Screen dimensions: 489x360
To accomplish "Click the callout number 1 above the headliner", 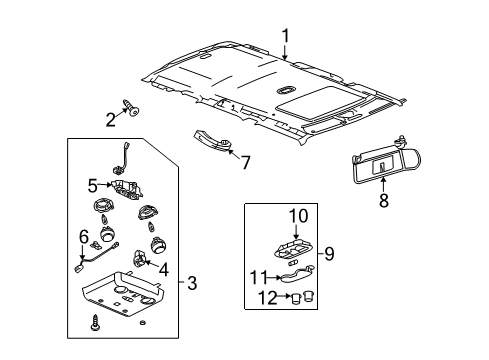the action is [x=285, y=36].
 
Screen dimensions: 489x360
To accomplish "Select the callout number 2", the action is [x=111, y=120].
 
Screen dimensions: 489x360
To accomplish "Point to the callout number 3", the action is [x=192, y=283].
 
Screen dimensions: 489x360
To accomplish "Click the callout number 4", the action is [x=164, y=269].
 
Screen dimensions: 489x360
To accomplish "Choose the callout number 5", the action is [x=93, y=186].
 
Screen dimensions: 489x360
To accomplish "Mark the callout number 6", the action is [x=84, y=237].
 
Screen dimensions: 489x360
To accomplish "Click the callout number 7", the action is [x=246, y=163].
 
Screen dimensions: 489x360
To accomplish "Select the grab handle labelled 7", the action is [x=214, y=141].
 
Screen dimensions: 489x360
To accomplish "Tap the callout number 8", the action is [x=384, y=201].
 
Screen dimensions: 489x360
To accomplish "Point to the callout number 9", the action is [x=329, y=254].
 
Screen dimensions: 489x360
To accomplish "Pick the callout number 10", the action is [x=298, y=216].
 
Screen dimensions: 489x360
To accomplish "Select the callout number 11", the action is [x=259, y=277].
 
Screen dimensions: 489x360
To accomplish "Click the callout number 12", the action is [x=268, y=298].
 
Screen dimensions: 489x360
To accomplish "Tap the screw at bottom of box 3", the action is [x=95, y=322].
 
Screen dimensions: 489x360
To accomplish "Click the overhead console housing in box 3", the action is [x=123, y=294].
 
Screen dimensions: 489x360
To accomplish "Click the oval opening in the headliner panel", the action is [x=285, y=90].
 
